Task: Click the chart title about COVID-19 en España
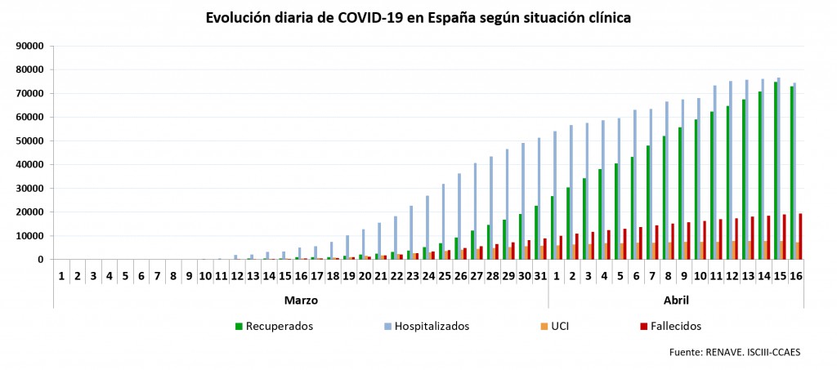click(418, 17)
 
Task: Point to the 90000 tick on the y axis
click(29, 46)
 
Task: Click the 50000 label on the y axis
click(29, 140)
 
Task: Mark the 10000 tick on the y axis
click(29, 236)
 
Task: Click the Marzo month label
click(301, 300)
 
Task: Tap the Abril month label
click(675, 300)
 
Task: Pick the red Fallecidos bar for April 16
click(800, 236)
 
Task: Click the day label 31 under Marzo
click(540, 277)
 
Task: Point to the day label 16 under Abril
click(795, 277)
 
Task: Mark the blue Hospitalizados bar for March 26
click(460, 216)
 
